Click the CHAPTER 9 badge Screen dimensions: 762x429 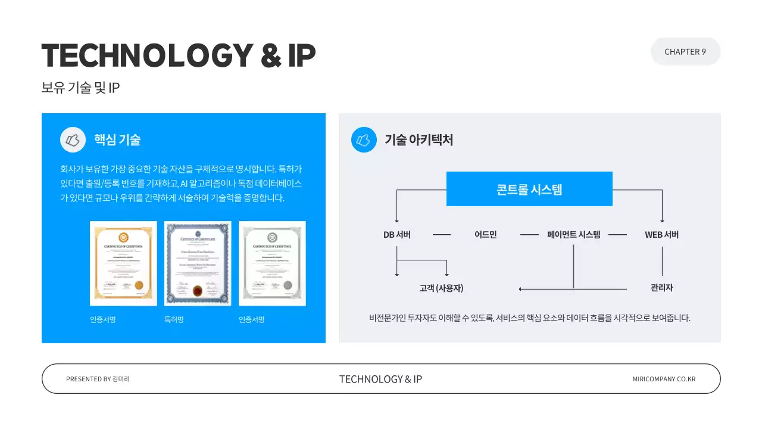[685, 52]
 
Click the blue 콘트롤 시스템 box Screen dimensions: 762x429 [529, 189]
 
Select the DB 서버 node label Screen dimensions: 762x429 [397, 235]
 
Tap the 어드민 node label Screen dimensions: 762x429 [485, 235]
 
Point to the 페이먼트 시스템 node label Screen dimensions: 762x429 [573, 235]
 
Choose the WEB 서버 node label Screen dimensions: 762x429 [661, 235]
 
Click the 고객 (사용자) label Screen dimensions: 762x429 [441, 288]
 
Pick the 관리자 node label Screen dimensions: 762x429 [661, 288]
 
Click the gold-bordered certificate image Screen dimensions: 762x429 [123, 263]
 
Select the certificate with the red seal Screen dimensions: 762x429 [198, 263]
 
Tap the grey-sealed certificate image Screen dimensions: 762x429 [272, 263]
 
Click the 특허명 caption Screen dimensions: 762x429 [174, 320]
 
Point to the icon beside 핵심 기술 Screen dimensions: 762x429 [73, 140]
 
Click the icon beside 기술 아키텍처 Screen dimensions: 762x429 [364, 140]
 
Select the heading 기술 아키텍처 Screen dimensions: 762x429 [419, 140]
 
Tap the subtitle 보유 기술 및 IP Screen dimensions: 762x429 [81, 88]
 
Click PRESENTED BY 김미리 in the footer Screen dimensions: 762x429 [98, 379]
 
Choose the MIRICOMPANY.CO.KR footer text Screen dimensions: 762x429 [664, 379]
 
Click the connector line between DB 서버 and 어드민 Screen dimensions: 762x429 [442, 235]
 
